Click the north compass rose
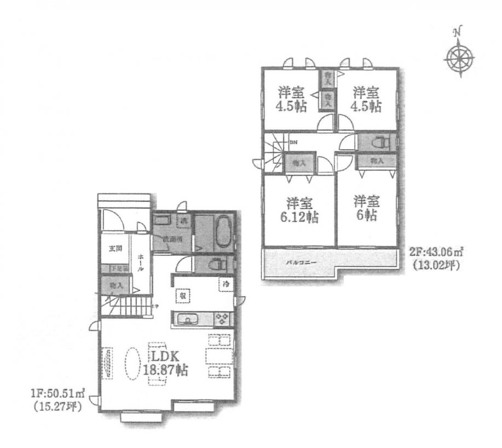[459, 58]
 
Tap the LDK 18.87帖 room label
[165, 362]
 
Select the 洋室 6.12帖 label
[299, 209]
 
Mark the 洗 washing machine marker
[184, 221]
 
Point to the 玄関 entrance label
[115, 250]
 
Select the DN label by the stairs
[293, 143]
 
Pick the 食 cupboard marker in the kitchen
[180, 295]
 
